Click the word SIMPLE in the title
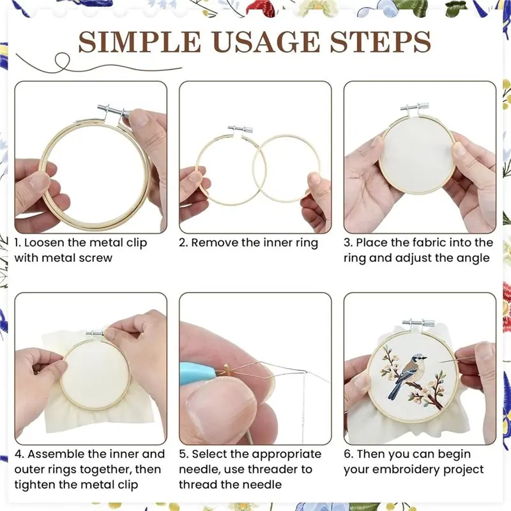tap(139, 42)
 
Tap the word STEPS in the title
tap(380, 42)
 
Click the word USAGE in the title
tap(266, 42)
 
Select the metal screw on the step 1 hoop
tap(113, 111)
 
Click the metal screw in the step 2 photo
tap(240, 128)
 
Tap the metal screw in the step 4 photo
tap(95, 333)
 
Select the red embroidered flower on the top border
tap(260, 8)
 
